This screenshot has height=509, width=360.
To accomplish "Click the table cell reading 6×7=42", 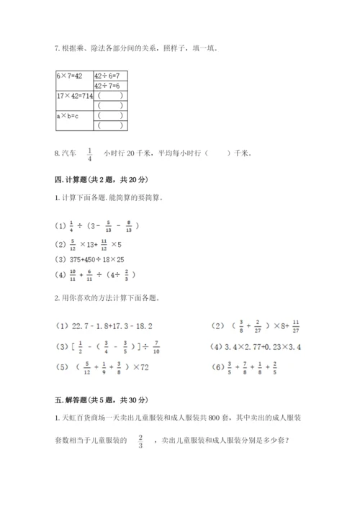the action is [70, 76].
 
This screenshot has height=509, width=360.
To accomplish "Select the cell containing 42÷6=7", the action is [107, 76].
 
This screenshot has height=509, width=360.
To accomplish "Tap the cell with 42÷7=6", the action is [107, 85].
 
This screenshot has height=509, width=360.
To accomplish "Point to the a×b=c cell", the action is [68, 114].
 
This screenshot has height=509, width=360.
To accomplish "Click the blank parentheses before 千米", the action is [217, 153].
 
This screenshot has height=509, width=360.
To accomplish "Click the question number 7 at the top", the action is [58, 49].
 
